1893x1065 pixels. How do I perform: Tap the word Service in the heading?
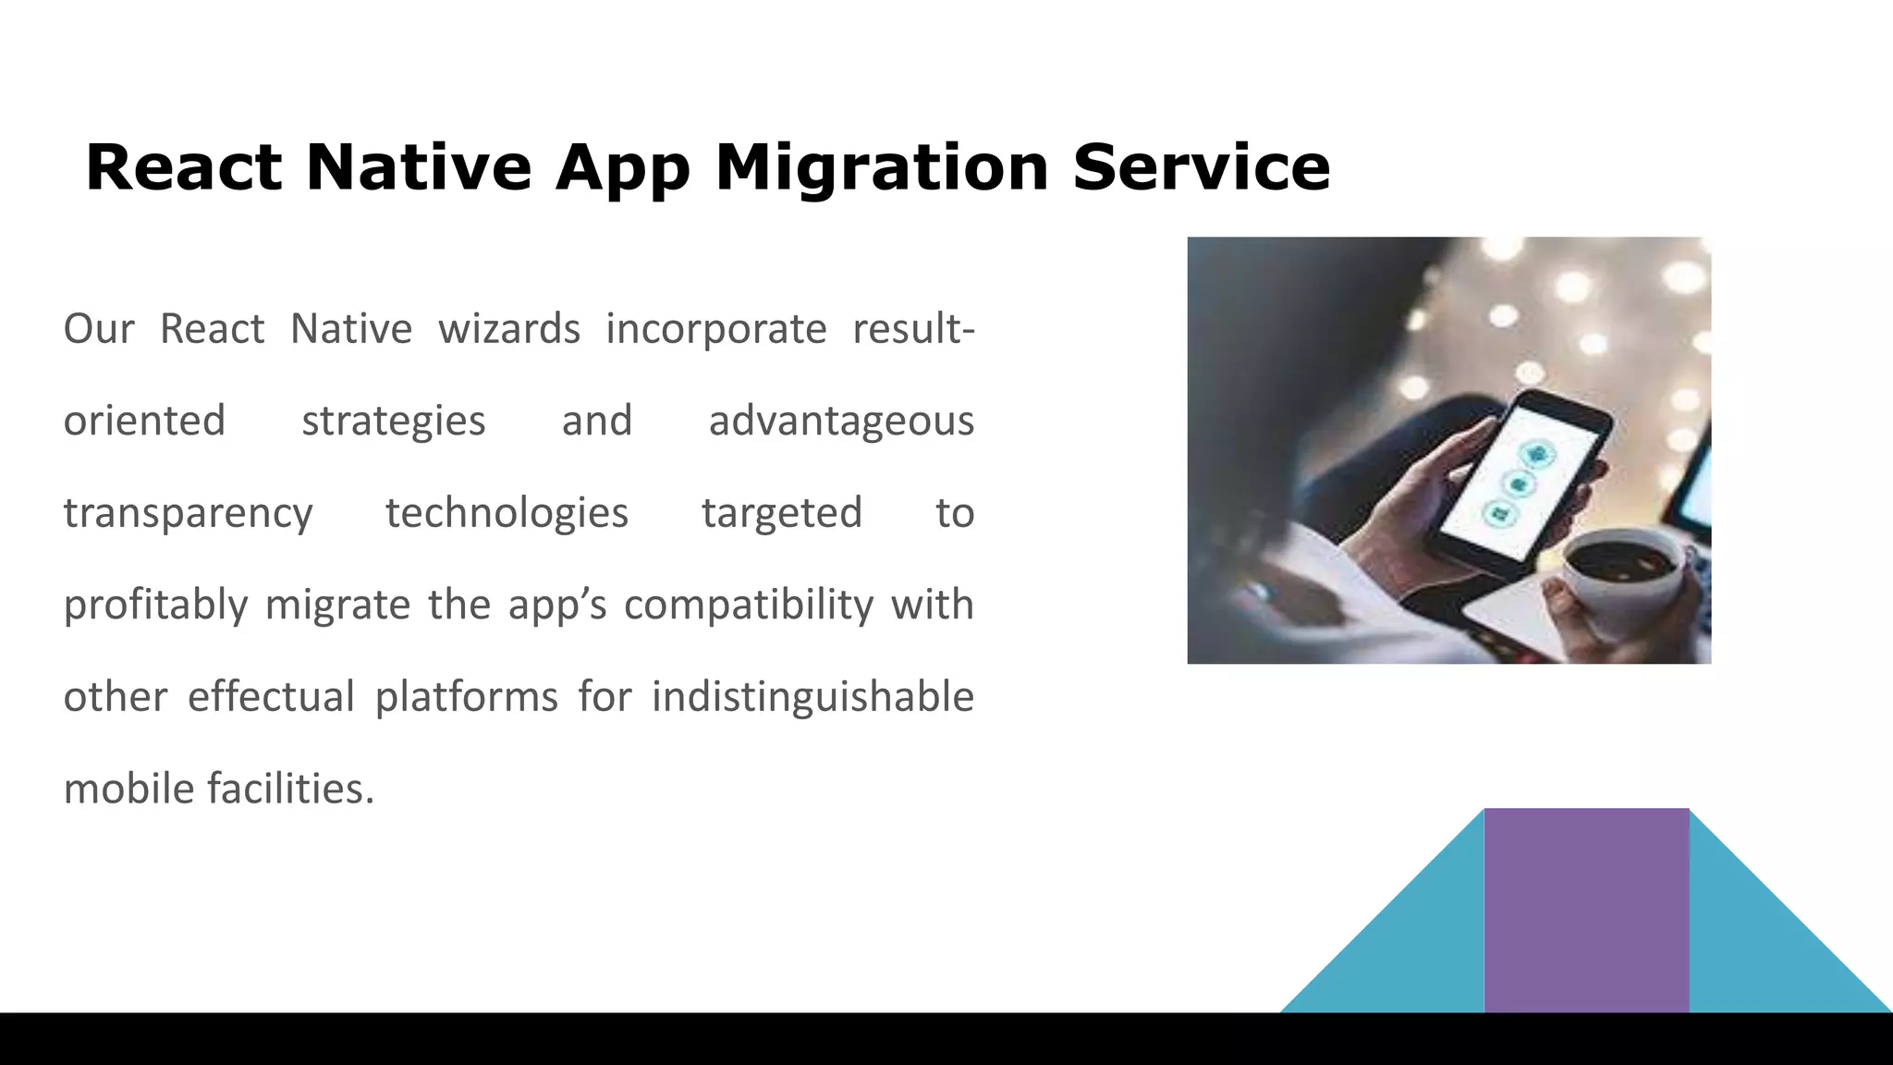[x=1201, y=168]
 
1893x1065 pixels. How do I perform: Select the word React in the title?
[x=183, y=168]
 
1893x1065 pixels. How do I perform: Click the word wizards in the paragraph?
[x=508, y=329]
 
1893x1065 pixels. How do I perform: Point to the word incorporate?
[x=715, y=329]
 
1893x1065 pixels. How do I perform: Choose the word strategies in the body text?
[x=393, y=422]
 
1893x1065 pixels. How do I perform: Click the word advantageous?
[x=841, y=422]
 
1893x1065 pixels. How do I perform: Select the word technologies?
[x=507, y=513]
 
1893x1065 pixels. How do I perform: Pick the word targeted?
[x=781, y=513]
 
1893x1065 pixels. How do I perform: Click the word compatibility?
[x=748, y=605]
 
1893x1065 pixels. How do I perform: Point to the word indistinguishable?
[x=812, y=697]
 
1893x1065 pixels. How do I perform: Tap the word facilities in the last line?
[x=290, y=789]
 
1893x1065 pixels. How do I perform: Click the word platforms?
[x=466, y=697]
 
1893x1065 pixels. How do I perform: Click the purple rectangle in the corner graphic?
[x=1586, y=910]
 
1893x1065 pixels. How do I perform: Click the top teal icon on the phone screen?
[x=1537, y=454]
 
